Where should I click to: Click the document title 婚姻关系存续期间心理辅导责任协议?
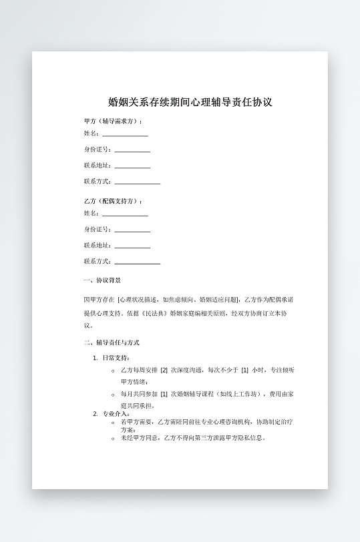click(x=190, y=103)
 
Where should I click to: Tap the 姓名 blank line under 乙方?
click(x=125, y=214)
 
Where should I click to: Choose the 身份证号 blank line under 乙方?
click(x=132, y=230)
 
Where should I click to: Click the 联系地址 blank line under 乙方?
click(x=132, y=246)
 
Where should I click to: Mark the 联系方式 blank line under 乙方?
click(x=137, y=262)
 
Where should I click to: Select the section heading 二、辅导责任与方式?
click(x=112, y=343)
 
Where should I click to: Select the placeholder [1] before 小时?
click(x=244, y=370)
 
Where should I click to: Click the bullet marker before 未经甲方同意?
click(x=113, y=439)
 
